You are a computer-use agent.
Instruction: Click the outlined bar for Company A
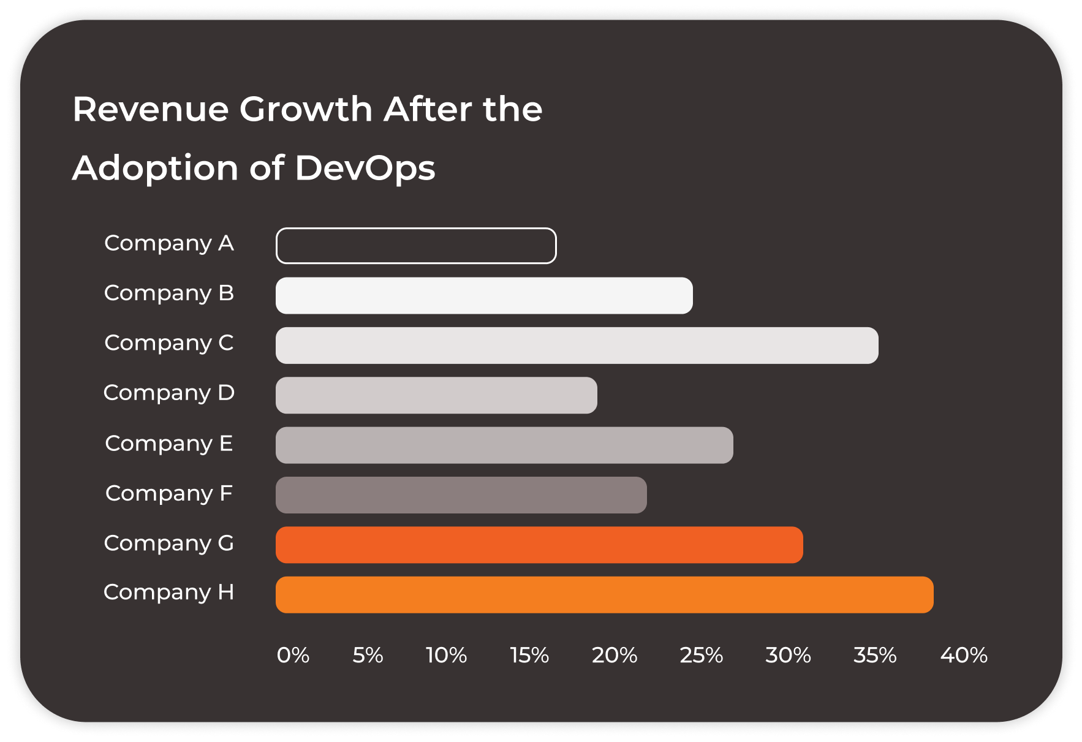pos(416,246)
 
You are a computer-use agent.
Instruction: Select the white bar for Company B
pos(484,295)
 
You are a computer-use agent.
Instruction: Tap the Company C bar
pos(577,345)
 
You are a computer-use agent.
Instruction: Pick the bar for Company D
pos(436,395)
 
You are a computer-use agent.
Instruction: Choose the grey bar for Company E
pos(504,445)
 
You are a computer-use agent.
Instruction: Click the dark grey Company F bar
pos(461,495)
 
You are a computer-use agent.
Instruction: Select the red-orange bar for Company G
pos(539,545)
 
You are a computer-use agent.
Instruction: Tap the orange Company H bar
pos(604,594)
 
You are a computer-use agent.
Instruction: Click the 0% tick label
pos(293,655)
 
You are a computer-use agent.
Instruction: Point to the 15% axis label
pos(529,655)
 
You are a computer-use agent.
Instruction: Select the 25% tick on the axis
pos(701,655)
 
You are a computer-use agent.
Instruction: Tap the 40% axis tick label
pos(964,655)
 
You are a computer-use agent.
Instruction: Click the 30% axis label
pos(788,655)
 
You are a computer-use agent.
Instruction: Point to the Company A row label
pos(169,243)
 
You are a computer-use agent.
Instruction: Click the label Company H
pos(169,592)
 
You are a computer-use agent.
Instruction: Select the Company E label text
pos(169,443)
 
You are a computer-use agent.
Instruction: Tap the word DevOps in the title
pos(365,168)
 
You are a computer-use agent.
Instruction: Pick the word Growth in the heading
pos(306,109)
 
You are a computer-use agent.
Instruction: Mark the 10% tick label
pos(446,655)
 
